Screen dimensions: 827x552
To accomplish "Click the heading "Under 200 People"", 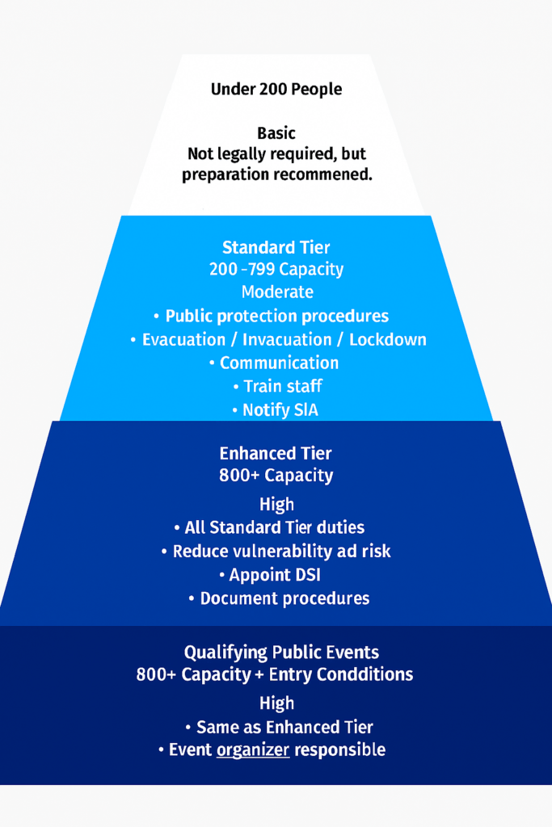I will click(x=276, y=90).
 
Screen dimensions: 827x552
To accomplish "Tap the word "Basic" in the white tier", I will click(x=276, y=133).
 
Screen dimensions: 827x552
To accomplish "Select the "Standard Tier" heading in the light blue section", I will click(x=276, y=248).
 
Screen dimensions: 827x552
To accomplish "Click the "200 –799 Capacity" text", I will click(x=276, y=270).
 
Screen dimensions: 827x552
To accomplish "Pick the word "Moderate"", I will click(x=276, y=292).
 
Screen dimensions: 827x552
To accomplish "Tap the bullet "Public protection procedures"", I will click(x=276, y=316).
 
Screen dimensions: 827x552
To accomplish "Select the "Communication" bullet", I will click(x=279, y=363).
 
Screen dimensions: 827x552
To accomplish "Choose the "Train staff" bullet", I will click(x=282, y=386).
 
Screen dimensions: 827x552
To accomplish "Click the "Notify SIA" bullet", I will click(x=280, y=410).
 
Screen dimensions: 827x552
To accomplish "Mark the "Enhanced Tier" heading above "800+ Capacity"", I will click(x=276, y=454).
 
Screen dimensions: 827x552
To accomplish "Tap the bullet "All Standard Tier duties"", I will click(x=274, y=528).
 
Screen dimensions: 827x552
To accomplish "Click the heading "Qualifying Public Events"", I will click(x=281, y=653).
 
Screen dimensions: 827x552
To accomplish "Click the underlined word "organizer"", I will click(x=253, y=750).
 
